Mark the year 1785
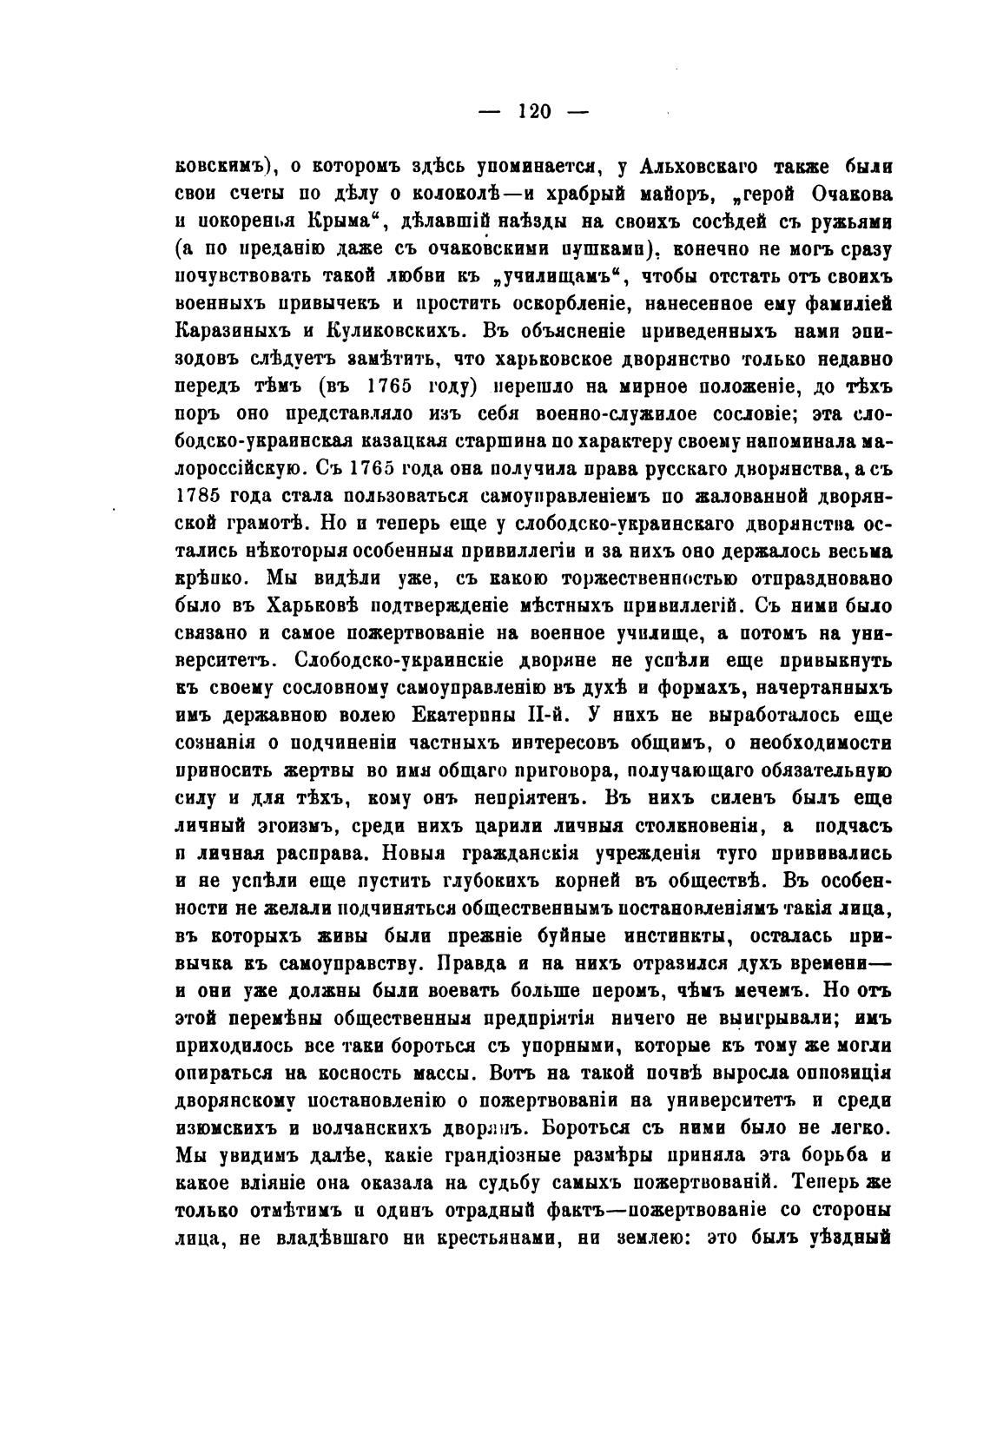199,496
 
